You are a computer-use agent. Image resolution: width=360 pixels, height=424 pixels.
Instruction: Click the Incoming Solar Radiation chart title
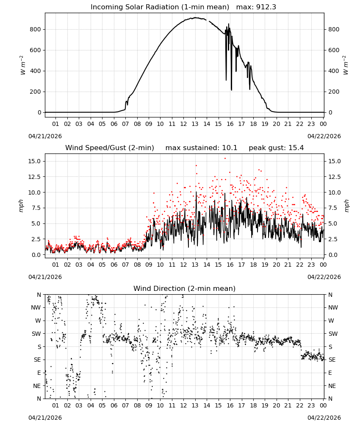(x=160, y=7)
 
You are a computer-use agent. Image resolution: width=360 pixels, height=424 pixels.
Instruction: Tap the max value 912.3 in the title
(x=266, y=7)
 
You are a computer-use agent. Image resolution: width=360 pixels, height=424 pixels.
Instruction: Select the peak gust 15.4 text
(x=276, y=148)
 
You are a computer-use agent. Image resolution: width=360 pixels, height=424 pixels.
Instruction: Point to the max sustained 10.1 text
(x=201, y=148)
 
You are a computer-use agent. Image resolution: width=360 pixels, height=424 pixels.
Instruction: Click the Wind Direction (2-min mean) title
(x=185, y=288)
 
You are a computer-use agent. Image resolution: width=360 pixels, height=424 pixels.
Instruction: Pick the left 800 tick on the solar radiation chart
(x=36, y=29)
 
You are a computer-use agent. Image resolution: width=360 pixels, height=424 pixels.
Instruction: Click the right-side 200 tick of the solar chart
(x=334, y=92)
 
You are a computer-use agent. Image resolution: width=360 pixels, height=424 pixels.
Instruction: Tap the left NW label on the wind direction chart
(x=36, y=308)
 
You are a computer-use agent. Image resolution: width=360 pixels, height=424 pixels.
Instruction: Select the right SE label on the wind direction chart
(x=332, y=360)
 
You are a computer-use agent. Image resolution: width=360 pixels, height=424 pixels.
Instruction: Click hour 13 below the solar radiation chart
(x=195, y=124)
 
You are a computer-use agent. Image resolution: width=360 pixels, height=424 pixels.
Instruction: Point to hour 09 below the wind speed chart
(x=149, y=265)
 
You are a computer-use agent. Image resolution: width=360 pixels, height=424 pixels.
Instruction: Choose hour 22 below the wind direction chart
(x=299, y=405)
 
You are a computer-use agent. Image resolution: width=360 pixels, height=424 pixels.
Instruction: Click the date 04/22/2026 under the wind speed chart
(x=324, y=277)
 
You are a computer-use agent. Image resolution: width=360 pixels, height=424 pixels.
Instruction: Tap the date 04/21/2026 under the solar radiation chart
(x=45, y=136)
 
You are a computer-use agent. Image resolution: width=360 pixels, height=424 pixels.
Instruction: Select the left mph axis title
(x=21, y=206)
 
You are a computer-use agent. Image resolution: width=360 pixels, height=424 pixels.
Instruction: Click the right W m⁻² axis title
(x=346, y=65)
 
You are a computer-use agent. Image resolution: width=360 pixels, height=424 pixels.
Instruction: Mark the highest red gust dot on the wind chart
(x=225, y=159)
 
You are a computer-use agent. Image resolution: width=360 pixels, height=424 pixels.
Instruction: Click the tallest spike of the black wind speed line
(x=197, y=192)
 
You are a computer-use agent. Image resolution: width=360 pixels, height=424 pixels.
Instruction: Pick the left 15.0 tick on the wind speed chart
(x=34, y=161)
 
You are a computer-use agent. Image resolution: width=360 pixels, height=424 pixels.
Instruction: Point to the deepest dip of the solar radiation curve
(x=231, y=90)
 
